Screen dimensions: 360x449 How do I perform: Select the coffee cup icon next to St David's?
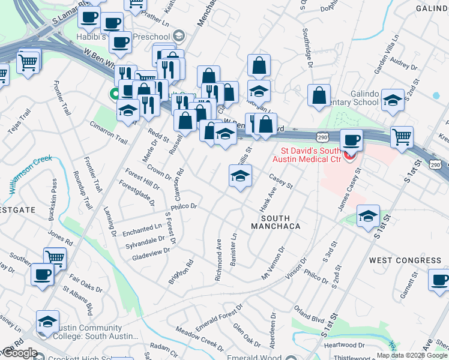coord(352,141)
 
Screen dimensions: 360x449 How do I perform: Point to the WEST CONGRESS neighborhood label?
coord(405,260)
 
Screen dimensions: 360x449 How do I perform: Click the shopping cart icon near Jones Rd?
coord(55,259)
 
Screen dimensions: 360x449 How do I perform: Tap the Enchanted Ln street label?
coord(142,227)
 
